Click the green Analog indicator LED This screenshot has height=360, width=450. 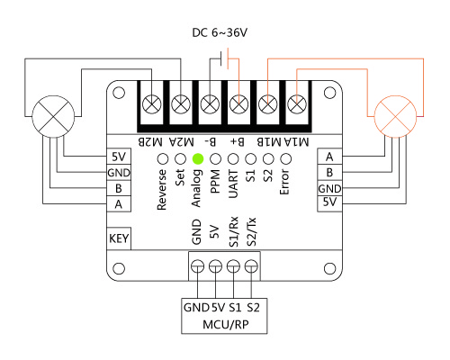198,158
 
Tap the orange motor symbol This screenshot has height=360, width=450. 396,117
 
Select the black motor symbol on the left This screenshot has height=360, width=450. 53,117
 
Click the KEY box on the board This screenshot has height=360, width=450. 119,238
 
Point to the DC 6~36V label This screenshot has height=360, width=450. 220,32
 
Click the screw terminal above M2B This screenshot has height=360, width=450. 151,104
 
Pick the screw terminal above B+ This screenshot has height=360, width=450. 238,104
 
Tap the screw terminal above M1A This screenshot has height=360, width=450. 297,104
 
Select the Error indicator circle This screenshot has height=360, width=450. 285,158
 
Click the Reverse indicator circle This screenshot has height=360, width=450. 163,158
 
